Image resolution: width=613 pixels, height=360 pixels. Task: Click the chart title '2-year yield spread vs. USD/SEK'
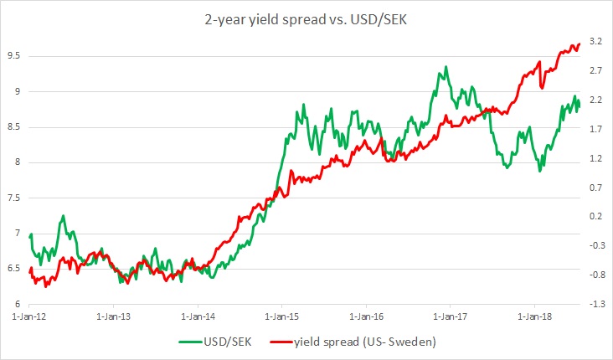306,18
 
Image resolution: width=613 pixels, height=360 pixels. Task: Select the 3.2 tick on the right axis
596,40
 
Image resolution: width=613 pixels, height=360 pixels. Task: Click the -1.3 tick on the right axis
596,303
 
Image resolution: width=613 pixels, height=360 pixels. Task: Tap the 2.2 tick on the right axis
596,99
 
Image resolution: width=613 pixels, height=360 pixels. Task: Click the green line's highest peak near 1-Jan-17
446,67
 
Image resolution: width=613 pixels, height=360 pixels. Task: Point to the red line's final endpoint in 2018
580,44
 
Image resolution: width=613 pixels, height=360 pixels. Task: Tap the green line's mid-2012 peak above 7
63,216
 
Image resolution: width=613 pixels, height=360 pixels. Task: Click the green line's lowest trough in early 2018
541,171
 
